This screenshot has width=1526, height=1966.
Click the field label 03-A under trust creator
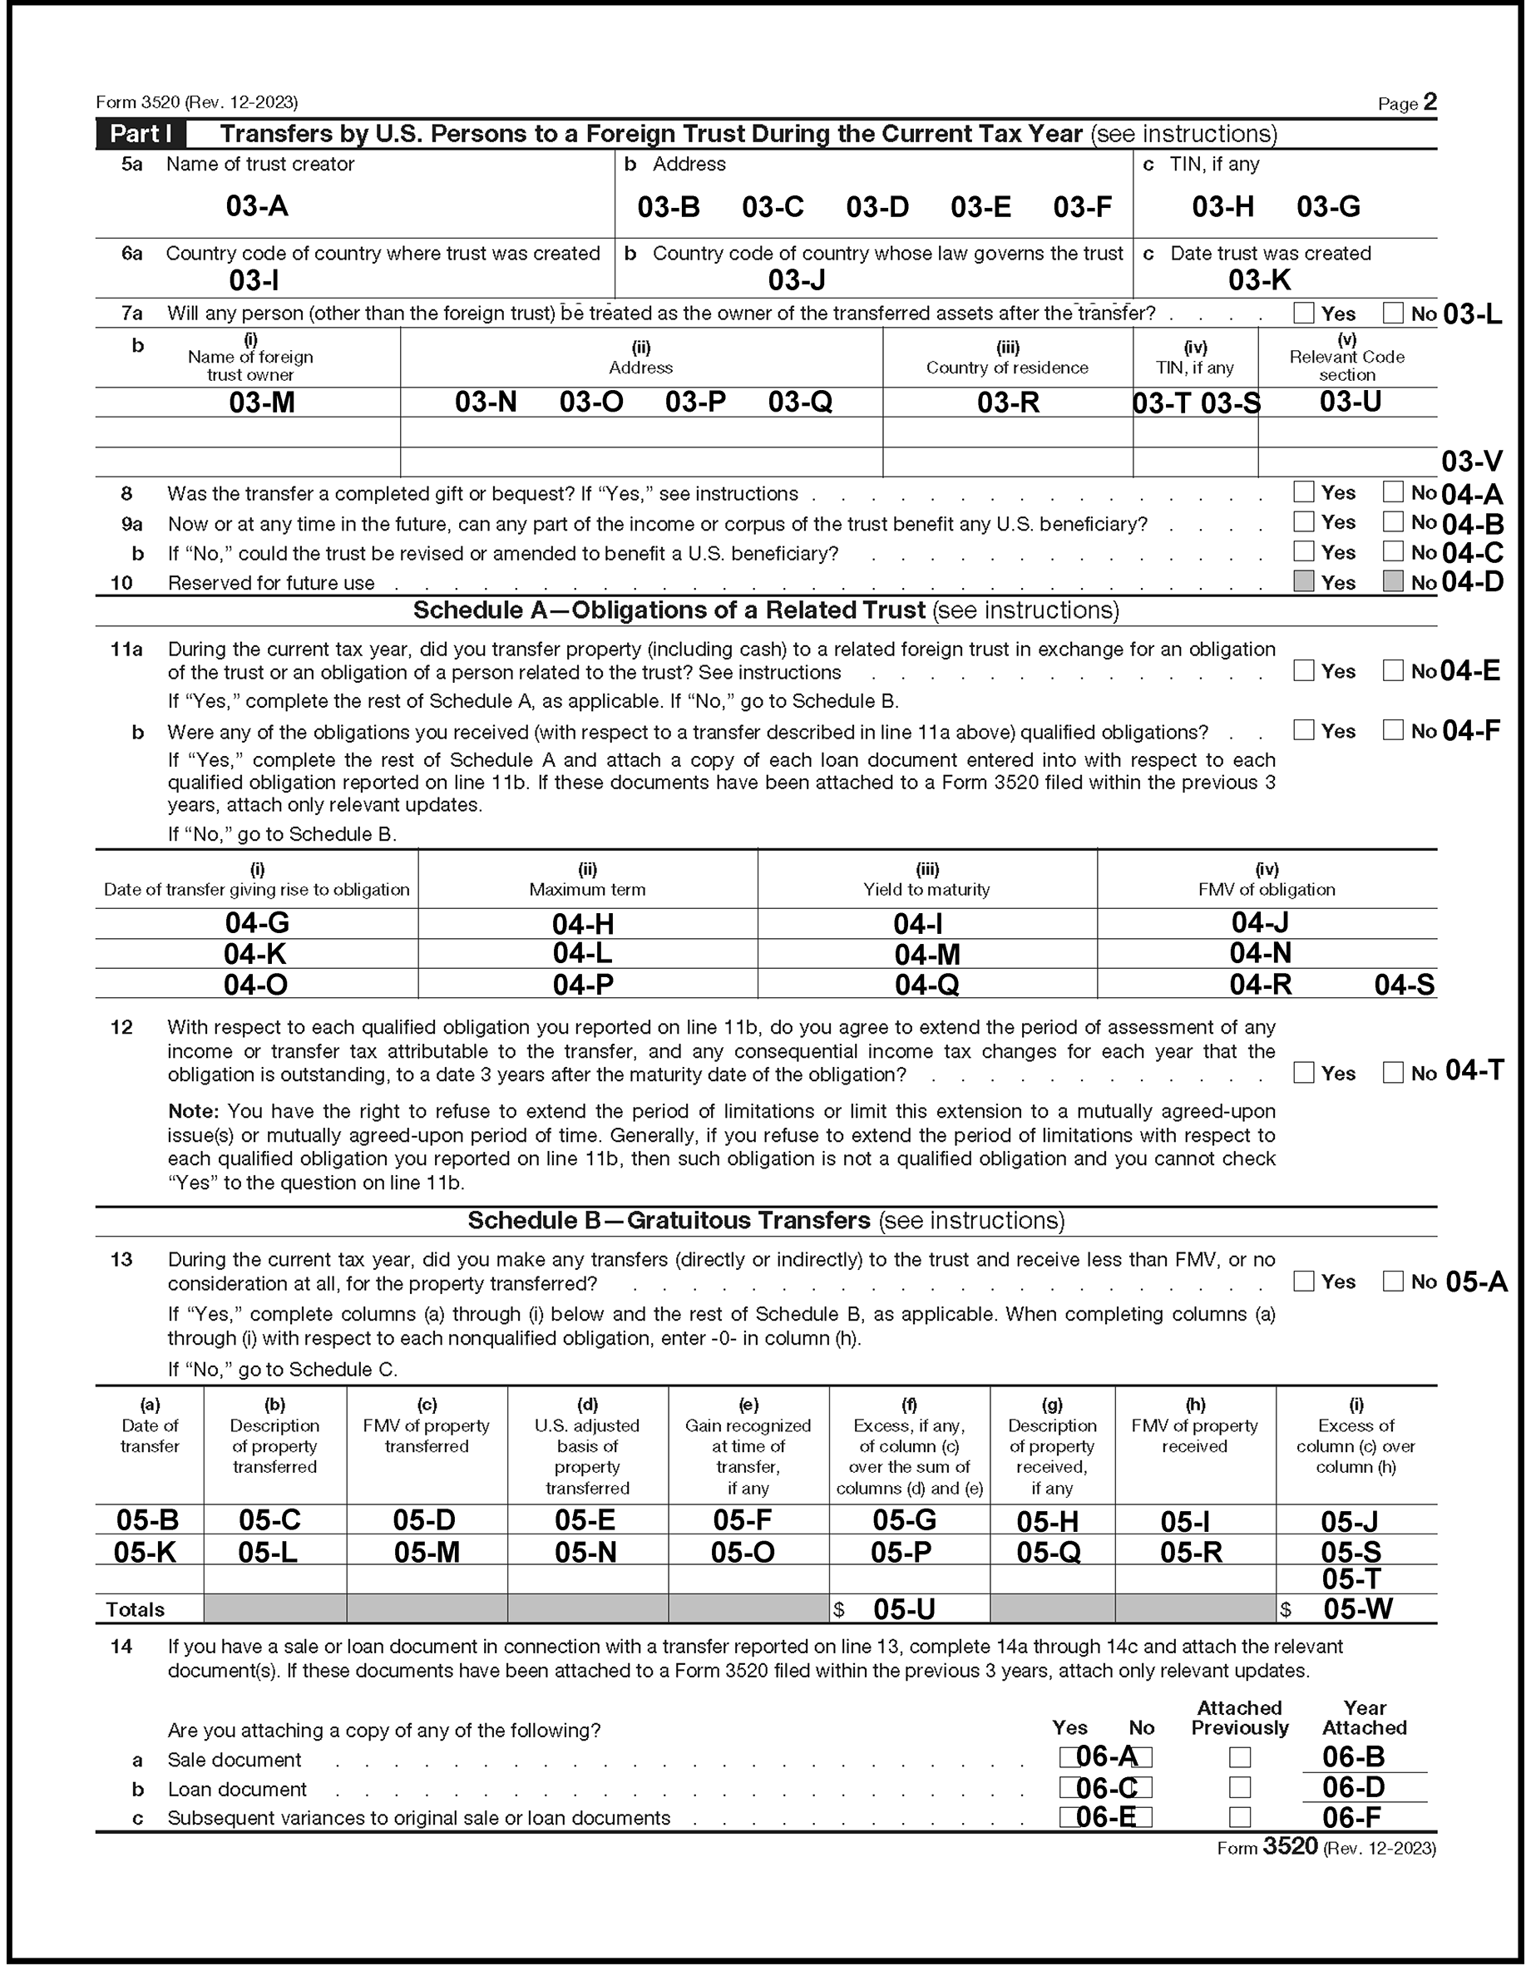pos(257,206)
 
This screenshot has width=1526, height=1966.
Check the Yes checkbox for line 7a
pos(1303,314)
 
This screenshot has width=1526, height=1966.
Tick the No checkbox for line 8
pos(1393,492)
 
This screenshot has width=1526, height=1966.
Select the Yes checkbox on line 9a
pos(1303,522)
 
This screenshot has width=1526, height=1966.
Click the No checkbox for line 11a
pos(1393,670)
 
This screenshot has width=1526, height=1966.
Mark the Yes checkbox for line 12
pos(1303,1073)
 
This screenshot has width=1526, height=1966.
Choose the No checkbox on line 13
pos(1393,1281)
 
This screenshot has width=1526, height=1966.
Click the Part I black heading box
pos(141,134)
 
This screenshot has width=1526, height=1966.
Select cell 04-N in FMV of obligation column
pos(1260,953)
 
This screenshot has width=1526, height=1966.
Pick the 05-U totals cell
pos(904,1608)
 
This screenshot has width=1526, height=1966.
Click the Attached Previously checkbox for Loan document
pos(1240,1788)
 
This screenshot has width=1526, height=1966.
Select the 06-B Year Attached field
pos(1353,1757)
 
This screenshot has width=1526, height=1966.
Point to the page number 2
pos(1430,102)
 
